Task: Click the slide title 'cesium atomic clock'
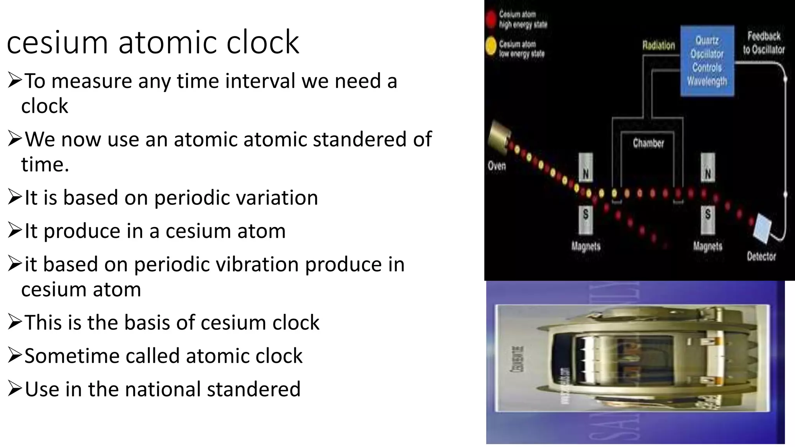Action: (x=153, y=42)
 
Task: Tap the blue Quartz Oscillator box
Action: (x=707, y=61)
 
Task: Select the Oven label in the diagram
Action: (x=496, y=166)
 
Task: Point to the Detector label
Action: (x=761, y=256)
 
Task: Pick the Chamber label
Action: (x=648, y=143)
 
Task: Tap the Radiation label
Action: (x=658, y=45)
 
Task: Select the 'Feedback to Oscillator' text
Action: (x=764, y=43)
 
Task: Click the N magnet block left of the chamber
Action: (x=586, y=168)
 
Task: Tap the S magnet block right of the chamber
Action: (x=708, y=220)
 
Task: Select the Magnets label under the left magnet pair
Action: (x=586, y=246)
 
